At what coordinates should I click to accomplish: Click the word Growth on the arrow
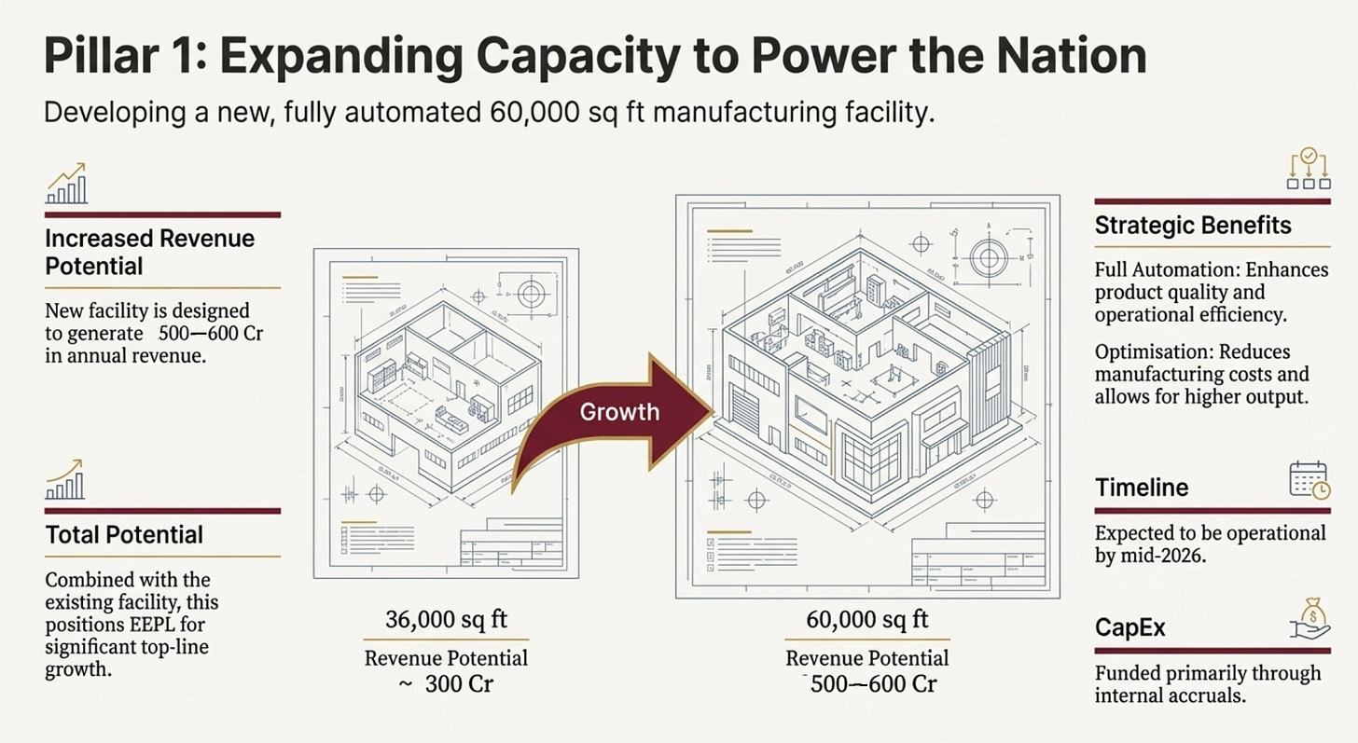pos(619,411)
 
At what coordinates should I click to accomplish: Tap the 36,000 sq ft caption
pos(447,619)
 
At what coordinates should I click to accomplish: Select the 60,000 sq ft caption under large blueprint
pos(867,619)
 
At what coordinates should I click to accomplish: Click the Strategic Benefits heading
pos(1193,226)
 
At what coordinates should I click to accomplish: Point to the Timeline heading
pos(1142,488)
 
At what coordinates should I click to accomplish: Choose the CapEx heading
pos(1130,627)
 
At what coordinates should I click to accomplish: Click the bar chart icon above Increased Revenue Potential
pos(66,184)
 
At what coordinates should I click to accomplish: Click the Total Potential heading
pos(124,535)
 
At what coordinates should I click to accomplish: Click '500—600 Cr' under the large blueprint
pos(873,683)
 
